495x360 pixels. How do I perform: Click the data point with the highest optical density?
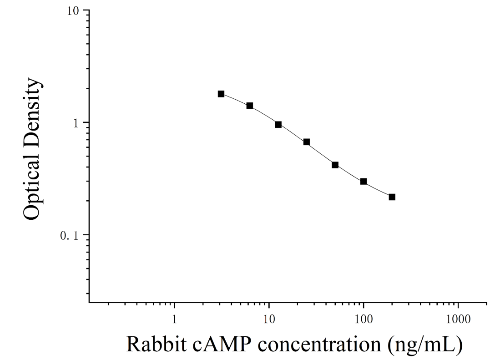(221, 94)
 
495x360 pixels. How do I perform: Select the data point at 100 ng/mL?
(364, 181)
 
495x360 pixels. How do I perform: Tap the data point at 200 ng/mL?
(392, 197)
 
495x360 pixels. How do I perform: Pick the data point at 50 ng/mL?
(335, 165)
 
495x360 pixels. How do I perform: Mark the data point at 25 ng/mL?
(307, 142)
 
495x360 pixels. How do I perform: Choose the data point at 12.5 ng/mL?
(278, 124)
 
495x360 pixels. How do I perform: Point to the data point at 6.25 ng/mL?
(250, 106)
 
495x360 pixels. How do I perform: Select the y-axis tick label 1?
(76, 123)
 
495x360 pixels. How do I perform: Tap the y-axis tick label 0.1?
(69, 235)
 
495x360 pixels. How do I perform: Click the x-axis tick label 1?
(174, 319)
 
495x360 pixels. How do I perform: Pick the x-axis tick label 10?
(268, 319)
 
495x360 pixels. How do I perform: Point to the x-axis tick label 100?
(364, 319)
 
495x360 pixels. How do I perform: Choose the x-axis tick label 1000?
(458, 319)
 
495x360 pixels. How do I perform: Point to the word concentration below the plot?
(319, 345)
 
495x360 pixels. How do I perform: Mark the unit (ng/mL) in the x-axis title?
(425, 345)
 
